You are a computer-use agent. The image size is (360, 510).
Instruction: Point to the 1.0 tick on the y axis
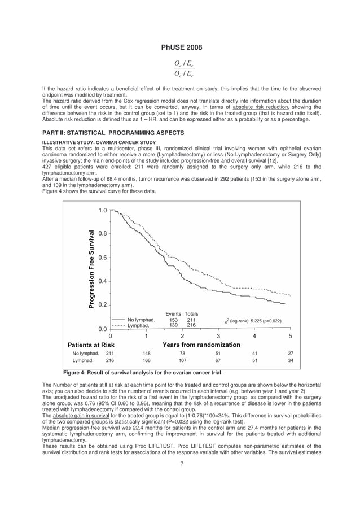point(102,211)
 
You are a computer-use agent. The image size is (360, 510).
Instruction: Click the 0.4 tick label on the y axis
point(102,281)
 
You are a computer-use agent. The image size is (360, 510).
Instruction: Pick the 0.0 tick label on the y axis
point(102,329)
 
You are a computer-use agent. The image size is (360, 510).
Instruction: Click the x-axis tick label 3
point(218,337)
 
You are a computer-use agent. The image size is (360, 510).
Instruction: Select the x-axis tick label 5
point(290,337)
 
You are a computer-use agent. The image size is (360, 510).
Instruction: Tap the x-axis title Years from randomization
point(201,345)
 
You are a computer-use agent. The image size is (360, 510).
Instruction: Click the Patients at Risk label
point(91,345)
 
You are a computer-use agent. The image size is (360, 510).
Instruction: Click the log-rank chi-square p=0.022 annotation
point(253,321)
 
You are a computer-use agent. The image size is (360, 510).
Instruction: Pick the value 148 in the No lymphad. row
point(146,354)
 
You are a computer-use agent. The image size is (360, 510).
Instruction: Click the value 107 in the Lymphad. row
point(182,360)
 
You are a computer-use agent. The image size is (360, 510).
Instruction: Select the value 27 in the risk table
point(290,354)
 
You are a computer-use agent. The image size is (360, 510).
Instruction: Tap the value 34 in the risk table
point(290,360)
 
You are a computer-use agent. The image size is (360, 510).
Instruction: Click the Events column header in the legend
point(173,313)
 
